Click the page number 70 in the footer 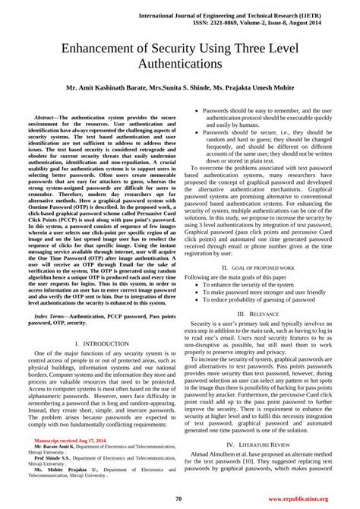coord(178,498)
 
